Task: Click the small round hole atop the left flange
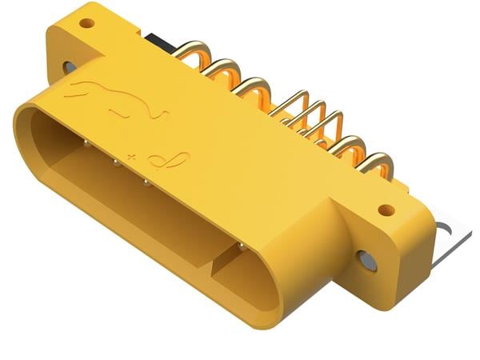click(86, 22)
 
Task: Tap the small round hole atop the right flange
click(386, 210)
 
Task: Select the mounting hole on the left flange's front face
click(70, 67)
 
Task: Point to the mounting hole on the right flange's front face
click(366, 260)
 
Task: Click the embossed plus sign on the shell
click(132, 150)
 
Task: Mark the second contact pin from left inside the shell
click(115, 164)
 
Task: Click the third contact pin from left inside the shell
click(146, 182)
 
